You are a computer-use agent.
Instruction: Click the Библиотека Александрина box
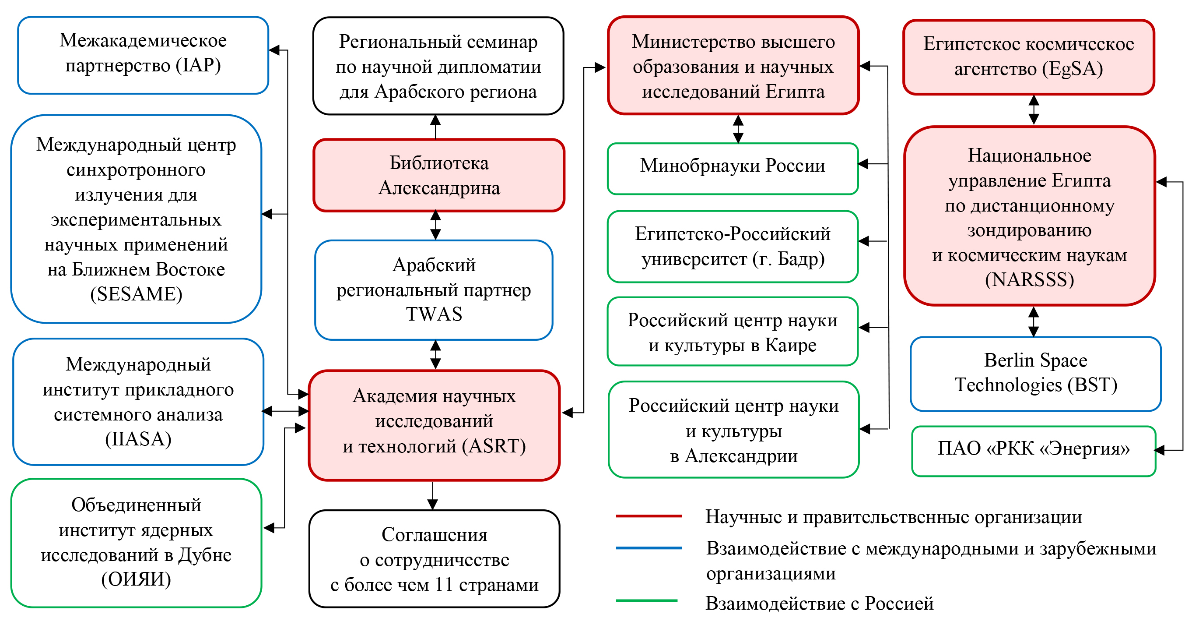[438, 176]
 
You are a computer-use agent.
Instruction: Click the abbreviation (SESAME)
[136, 294]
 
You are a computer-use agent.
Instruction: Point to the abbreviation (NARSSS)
[1029, 280]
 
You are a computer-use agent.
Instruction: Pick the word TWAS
[434, 314]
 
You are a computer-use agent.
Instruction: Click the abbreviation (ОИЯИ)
[136, 579]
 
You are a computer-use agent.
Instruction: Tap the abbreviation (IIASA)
[138, 439]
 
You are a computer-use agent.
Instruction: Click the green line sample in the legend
[646, 601]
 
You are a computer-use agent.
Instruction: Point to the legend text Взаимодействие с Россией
[819, 604]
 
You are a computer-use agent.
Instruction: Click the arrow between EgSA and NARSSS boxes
[1033, 110]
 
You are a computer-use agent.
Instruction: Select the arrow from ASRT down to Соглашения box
[432, 495]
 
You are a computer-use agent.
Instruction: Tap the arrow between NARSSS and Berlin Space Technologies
[1033, 321]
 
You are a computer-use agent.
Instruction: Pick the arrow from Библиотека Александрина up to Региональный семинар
[435, 127]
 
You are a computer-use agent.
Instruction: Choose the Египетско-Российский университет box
[732, 247]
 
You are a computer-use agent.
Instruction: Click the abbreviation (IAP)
[198, 66]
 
